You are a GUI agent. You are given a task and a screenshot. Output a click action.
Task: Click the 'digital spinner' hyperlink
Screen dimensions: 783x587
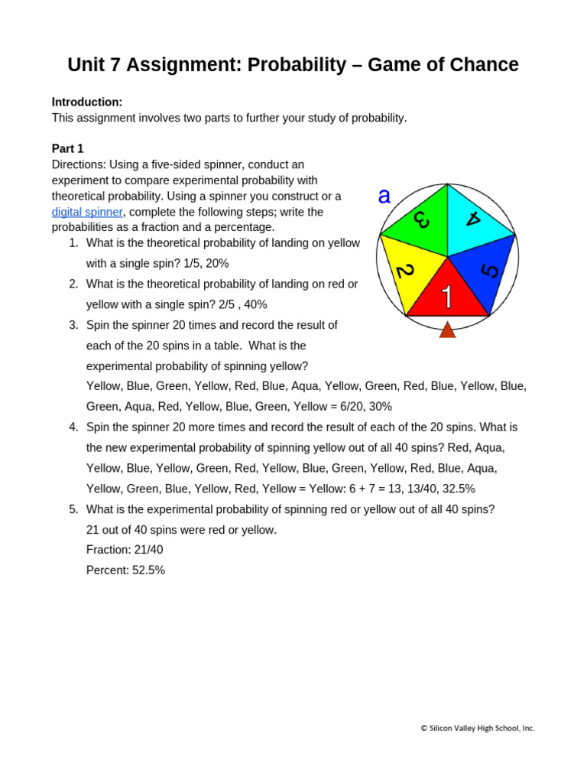[x=87, y=212]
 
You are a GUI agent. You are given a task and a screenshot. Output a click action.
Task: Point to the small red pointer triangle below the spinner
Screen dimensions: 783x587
[x=447, y=330]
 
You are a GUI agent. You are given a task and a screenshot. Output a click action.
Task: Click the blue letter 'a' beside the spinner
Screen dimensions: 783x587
[x=384, y=197]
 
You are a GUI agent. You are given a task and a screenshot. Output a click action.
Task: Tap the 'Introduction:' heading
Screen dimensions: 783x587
[x=87, y=102]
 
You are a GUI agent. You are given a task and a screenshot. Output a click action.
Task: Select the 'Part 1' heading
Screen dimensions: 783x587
[x=67, y=148]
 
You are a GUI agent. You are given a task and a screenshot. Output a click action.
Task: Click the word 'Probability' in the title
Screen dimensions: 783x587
[x=295, y=65]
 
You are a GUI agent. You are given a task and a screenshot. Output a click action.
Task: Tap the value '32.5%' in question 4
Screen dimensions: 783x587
[x=459, y=489]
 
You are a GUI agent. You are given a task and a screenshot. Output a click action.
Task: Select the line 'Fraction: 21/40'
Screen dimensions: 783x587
[x=125, y=550]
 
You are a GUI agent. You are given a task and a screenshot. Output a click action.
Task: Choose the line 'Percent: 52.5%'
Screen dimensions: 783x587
[x=125, y=570]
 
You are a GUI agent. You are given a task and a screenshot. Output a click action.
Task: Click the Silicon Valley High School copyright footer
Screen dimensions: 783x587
[x=477, y=729]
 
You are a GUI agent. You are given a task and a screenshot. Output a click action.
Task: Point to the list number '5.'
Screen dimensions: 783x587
[x=73, y=509]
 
